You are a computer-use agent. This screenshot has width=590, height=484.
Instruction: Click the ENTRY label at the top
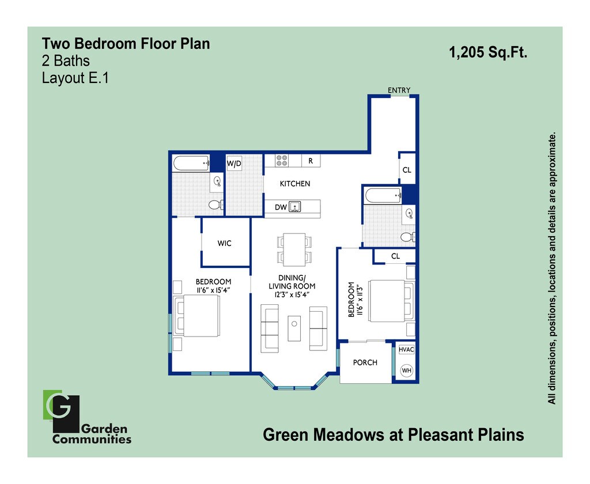399,90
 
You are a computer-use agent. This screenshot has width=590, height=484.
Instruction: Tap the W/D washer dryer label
234,164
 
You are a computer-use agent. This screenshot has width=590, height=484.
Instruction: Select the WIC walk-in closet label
224,244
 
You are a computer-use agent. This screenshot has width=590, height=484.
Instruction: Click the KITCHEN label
295,184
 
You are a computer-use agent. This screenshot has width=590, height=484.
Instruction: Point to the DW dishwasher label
281,207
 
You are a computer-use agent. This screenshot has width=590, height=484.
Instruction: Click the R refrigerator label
311,161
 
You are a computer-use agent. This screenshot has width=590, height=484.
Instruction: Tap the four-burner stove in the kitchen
282,160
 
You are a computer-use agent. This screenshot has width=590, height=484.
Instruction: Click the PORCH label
365,362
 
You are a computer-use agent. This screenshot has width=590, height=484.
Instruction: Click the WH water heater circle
407,370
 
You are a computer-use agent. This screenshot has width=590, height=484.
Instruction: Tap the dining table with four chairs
294,249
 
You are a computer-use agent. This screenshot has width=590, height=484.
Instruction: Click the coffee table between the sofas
294,329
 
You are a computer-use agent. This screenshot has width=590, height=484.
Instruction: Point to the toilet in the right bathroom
408,236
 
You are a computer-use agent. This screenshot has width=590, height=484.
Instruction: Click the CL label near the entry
407,171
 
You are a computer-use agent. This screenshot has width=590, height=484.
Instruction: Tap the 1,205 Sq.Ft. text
488,53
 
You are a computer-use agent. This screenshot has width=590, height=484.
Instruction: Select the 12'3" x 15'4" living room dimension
292,294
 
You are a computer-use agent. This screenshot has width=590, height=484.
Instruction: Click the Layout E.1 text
75,78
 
